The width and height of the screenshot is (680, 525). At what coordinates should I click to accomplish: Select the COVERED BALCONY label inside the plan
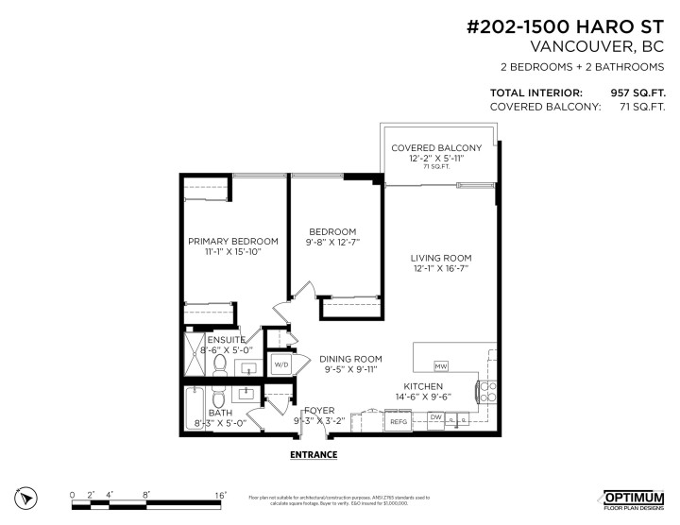coord(436,148)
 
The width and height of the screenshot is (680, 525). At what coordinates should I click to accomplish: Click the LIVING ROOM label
coord(440,258)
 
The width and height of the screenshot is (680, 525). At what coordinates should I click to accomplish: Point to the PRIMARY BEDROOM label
coord(232,241)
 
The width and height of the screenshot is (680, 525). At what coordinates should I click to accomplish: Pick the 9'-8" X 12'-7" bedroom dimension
coord(332,243)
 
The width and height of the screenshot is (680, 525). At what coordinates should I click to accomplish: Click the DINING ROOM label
coord(349,359)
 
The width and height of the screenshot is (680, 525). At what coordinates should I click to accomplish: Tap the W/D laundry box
coord(281,364)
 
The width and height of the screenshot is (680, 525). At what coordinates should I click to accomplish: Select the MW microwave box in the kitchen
coord(440,365)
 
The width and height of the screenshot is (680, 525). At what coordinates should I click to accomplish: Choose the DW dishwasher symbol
coord(435,416)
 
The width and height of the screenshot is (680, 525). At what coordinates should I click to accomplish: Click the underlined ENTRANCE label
coord(313,454)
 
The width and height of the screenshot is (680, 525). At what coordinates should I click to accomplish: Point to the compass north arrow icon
coord(27,497)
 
